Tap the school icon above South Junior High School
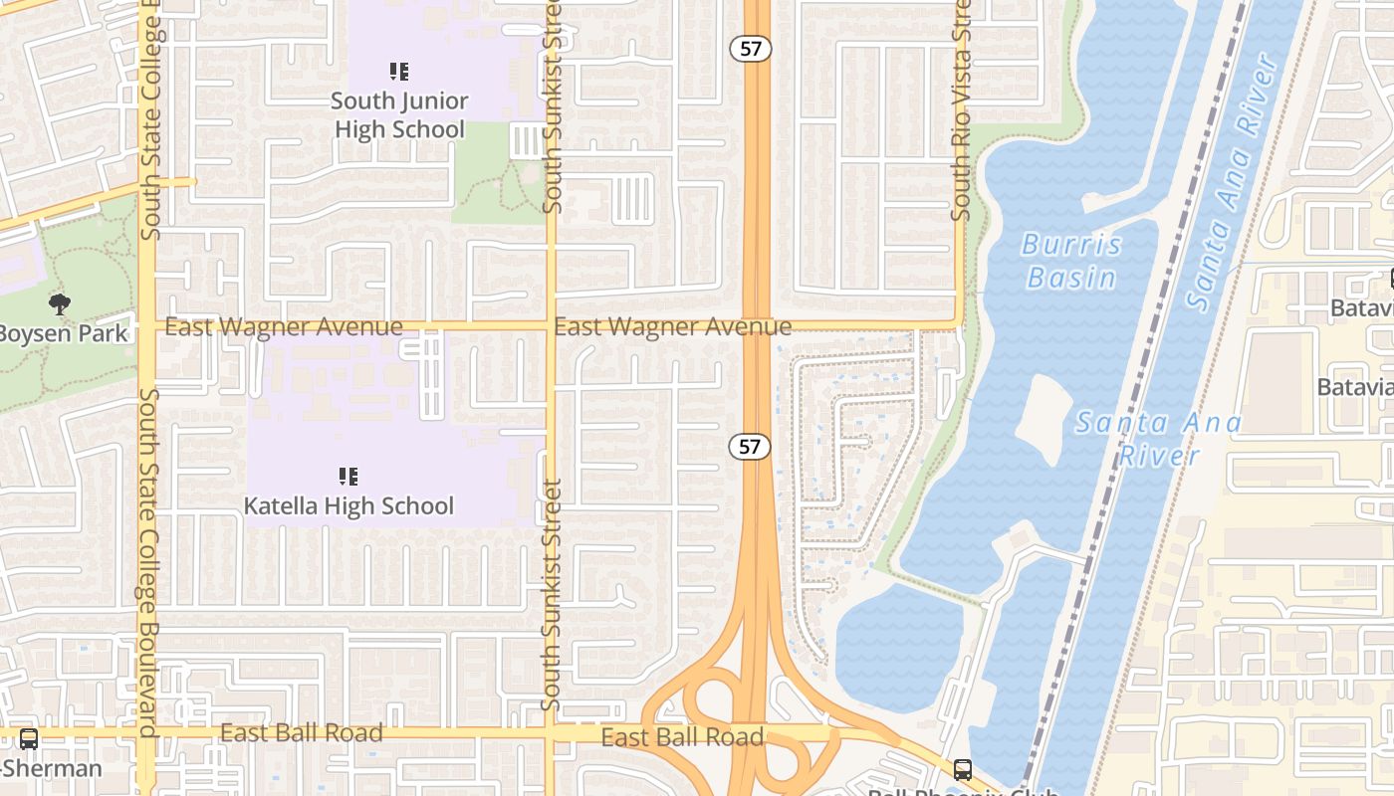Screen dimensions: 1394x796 [399, 71]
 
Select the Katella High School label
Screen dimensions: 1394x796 [348, 505]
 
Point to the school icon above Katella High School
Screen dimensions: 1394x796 [348, 477]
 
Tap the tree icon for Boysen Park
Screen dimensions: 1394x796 [60, 303]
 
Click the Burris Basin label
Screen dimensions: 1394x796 [1071, 260]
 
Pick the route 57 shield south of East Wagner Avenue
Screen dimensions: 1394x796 [750, 447]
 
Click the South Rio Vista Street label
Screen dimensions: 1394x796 [961, 109]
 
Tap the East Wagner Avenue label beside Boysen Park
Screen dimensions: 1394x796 [284, 326]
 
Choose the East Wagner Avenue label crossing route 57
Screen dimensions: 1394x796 [672, 326]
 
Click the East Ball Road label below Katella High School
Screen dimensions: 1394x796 [301, 733]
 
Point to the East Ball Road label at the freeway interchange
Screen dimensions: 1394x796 [682, 737]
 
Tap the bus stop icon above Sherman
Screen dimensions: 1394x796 [29, 739]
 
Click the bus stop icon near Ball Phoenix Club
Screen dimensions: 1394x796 [962, 769]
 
